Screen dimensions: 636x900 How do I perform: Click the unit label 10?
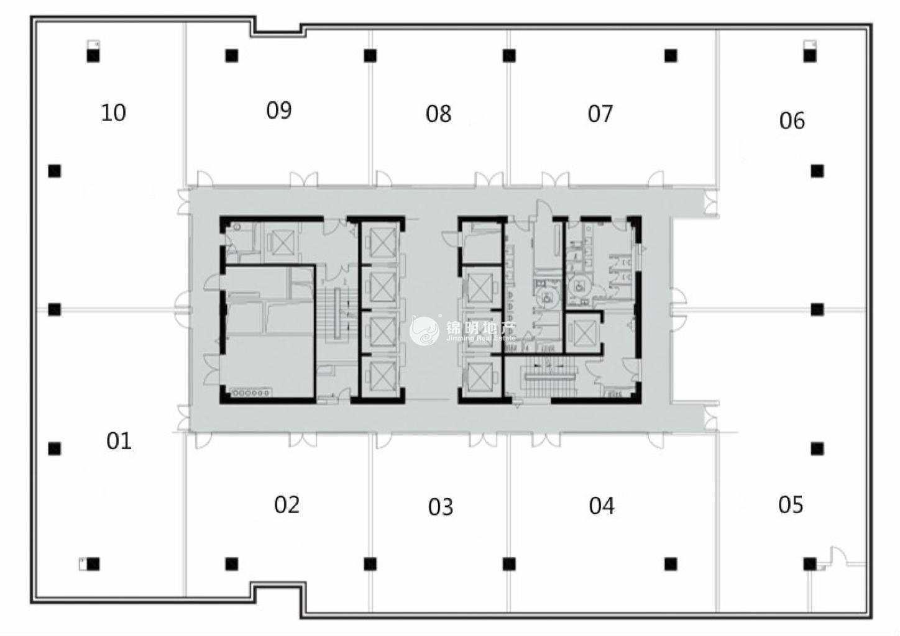coord(113,112)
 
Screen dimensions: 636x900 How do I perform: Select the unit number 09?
coord(278,110)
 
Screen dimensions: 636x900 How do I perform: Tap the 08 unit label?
coord(438,114)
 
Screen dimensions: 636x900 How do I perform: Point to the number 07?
coord(600,114)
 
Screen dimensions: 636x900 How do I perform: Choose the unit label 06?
coord(792,120)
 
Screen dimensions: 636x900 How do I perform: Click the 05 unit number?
coord(791,504)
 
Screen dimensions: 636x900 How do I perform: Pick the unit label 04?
coord(602,506)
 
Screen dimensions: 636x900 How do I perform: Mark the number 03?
coord(441,507)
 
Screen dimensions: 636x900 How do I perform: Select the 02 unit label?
coord(287,504)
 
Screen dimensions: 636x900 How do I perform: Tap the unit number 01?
coord(119,441)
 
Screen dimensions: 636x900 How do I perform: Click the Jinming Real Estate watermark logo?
coord(425,332)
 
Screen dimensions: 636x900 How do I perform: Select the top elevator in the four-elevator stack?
coord(381,241)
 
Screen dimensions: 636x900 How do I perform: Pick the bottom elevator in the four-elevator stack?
coord(381,375)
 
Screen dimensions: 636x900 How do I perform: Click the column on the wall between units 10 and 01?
coord(55,309)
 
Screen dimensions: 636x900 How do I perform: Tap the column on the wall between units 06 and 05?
coord(817,309)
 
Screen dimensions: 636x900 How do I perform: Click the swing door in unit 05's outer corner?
coord(836,556)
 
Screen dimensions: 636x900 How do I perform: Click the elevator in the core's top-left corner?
coord(282,242)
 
